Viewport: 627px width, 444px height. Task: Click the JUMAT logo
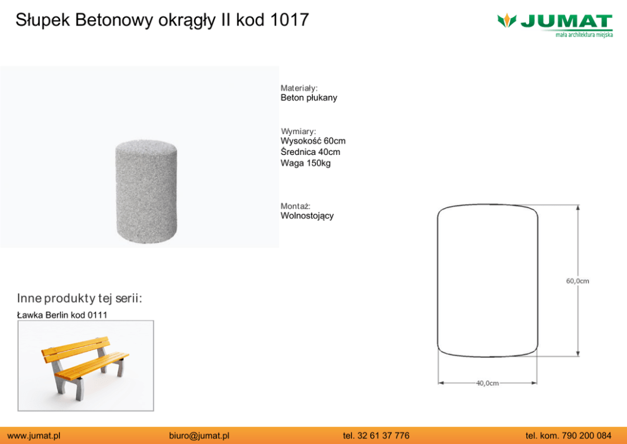coord(555,25)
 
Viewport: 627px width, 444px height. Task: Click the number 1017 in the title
coord(289,20)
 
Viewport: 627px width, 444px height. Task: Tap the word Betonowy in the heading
coord(114,20)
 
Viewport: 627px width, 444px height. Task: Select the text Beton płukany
coord(308,97)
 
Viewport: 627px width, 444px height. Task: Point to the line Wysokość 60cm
coord(313,141)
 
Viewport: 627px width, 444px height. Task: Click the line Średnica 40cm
coord(310,152)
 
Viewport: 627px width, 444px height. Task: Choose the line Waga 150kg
coord(305,163)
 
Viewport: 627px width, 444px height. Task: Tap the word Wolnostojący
coord(307,216)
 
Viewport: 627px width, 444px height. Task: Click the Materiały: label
coord(299,88)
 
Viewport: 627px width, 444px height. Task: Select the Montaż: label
coord(296,206)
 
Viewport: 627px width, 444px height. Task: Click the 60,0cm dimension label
coord(578,281)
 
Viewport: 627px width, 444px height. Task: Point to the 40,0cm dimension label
coord(487,383)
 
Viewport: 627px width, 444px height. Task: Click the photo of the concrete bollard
coord(146,192)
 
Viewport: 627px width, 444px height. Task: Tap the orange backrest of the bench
coord(76,349)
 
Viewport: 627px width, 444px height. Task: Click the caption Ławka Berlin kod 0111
coord(62,315)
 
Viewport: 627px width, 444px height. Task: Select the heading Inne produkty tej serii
coord(80,299)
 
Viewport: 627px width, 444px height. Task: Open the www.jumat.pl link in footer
coord(34,436)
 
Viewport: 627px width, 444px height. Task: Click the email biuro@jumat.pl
coord(199,436)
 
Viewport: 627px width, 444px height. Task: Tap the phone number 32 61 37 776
coord(384,436)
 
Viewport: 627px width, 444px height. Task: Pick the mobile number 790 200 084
coord(587,436)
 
